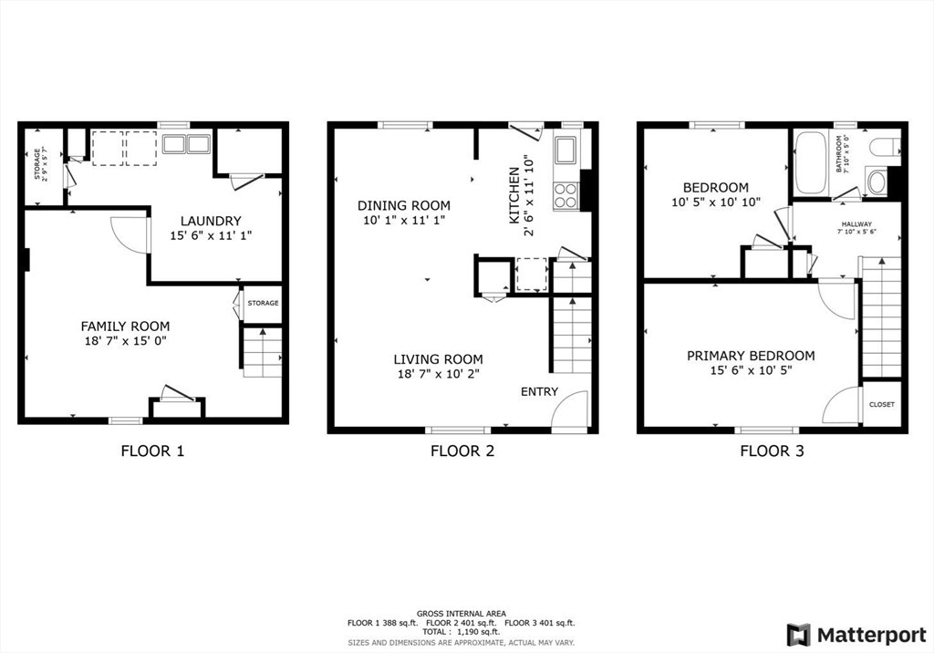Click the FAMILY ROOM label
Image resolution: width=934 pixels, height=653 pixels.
click(125, 326)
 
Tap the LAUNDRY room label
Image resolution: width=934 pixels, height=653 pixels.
click(211, 221)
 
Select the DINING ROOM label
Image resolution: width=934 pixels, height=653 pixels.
click(404, 205)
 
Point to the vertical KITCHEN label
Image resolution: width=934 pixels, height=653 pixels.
click(514, 195)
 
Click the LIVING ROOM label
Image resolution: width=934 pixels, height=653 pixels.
click(439, 359)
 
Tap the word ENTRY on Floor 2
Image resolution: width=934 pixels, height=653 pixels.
click(540, 391)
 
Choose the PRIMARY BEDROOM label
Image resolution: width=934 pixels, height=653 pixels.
click(752, 356)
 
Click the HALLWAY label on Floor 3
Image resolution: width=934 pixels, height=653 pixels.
click(857, 224)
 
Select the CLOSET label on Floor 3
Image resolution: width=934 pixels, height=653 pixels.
click(882, 405)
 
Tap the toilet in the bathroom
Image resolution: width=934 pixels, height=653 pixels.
click(885, 147)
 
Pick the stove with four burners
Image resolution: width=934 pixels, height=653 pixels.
click(566, 195)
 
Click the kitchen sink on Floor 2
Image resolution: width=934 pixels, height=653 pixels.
click(566, 150)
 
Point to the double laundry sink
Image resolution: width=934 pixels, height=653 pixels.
click(186, 144)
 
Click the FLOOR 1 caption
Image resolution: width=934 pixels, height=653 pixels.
click(152, 451)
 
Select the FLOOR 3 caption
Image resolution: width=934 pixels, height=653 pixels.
click(772, 451)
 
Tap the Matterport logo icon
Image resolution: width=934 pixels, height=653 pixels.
click(798, 635)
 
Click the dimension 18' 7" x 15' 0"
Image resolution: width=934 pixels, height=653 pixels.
click(125, 341)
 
